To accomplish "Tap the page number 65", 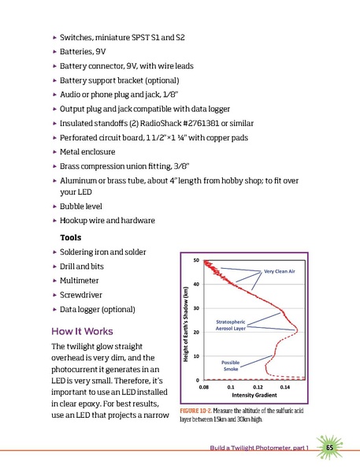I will tap(330, 447).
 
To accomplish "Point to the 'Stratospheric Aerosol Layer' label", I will tap(231, 326).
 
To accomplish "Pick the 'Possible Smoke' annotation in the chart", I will tap(231, 364).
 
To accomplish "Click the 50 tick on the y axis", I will tap(195, 259).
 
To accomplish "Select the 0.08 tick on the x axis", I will tap(203, 388).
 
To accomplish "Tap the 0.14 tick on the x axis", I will tap(285, 388).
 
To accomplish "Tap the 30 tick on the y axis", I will tap(195, 308).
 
